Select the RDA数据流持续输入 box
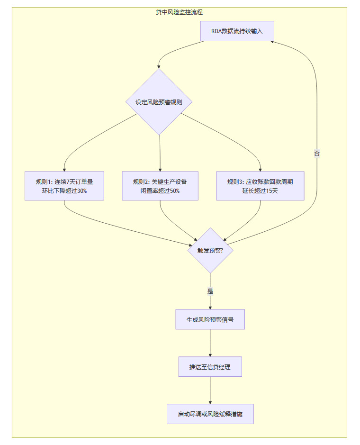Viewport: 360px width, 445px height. [x=237, y=31]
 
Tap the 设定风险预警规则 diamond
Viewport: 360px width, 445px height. [x=160, y=102]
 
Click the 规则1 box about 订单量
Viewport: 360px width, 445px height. [x=64, y=186]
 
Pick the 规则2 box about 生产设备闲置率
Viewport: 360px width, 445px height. [x=160, y=186]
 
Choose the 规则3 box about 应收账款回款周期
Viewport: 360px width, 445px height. [x=260, y=186]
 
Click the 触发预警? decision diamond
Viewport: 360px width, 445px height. [x=210, y=250]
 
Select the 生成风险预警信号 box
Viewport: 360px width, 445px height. [x=210, y=319]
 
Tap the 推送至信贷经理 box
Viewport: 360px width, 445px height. [x=210, y=367]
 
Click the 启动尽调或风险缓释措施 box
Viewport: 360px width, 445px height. [x=210, y=414]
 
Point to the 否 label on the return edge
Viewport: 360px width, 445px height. [x=316, y=153]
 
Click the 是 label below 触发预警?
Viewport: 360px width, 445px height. [x=210, y=291]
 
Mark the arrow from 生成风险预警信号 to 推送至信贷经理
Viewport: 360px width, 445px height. [x=210, y=343]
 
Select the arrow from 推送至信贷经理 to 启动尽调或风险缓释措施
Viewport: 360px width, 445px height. [x=210, y=391]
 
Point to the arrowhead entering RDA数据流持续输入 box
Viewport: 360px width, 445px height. [x=273, y=42]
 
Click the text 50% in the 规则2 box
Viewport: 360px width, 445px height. [x=175, y=191]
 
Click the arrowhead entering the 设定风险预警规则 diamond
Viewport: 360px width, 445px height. [x=159, y=67]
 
